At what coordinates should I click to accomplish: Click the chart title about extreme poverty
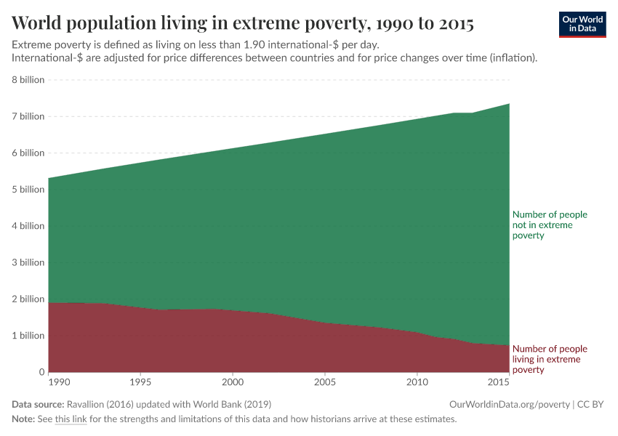point(243,24)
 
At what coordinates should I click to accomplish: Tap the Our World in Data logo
point(582,24)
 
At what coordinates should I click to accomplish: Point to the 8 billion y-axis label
point(28,80)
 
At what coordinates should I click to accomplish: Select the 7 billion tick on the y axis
point(28,116)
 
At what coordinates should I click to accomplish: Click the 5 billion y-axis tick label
point(28,190)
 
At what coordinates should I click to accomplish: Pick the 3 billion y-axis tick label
point(28,262)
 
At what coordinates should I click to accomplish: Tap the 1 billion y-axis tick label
point(28,336)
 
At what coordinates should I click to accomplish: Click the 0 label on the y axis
point(41,372)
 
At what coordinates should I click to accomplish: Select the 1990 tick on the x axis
point(59,381)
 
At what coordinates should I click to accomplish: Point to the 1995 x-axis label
point(140,381)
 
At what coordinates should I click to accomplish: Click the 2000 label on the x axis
point(232,381)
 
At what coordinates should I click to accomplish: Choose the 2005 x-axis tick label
point(324,381)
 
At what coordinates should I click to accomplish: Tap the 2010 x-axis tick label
point(417,381)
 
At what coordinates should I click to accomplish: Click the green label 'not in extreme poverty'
point(549,225)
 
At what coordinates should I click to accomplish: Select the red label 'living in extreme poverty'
point(549,359)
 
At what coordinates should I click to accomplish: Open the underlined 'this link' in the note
point(71,419)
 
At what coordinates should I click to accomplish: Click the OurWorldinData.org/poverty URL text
point(510,404)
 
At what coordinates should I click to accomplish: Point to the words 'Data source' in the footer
point(37,404)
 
